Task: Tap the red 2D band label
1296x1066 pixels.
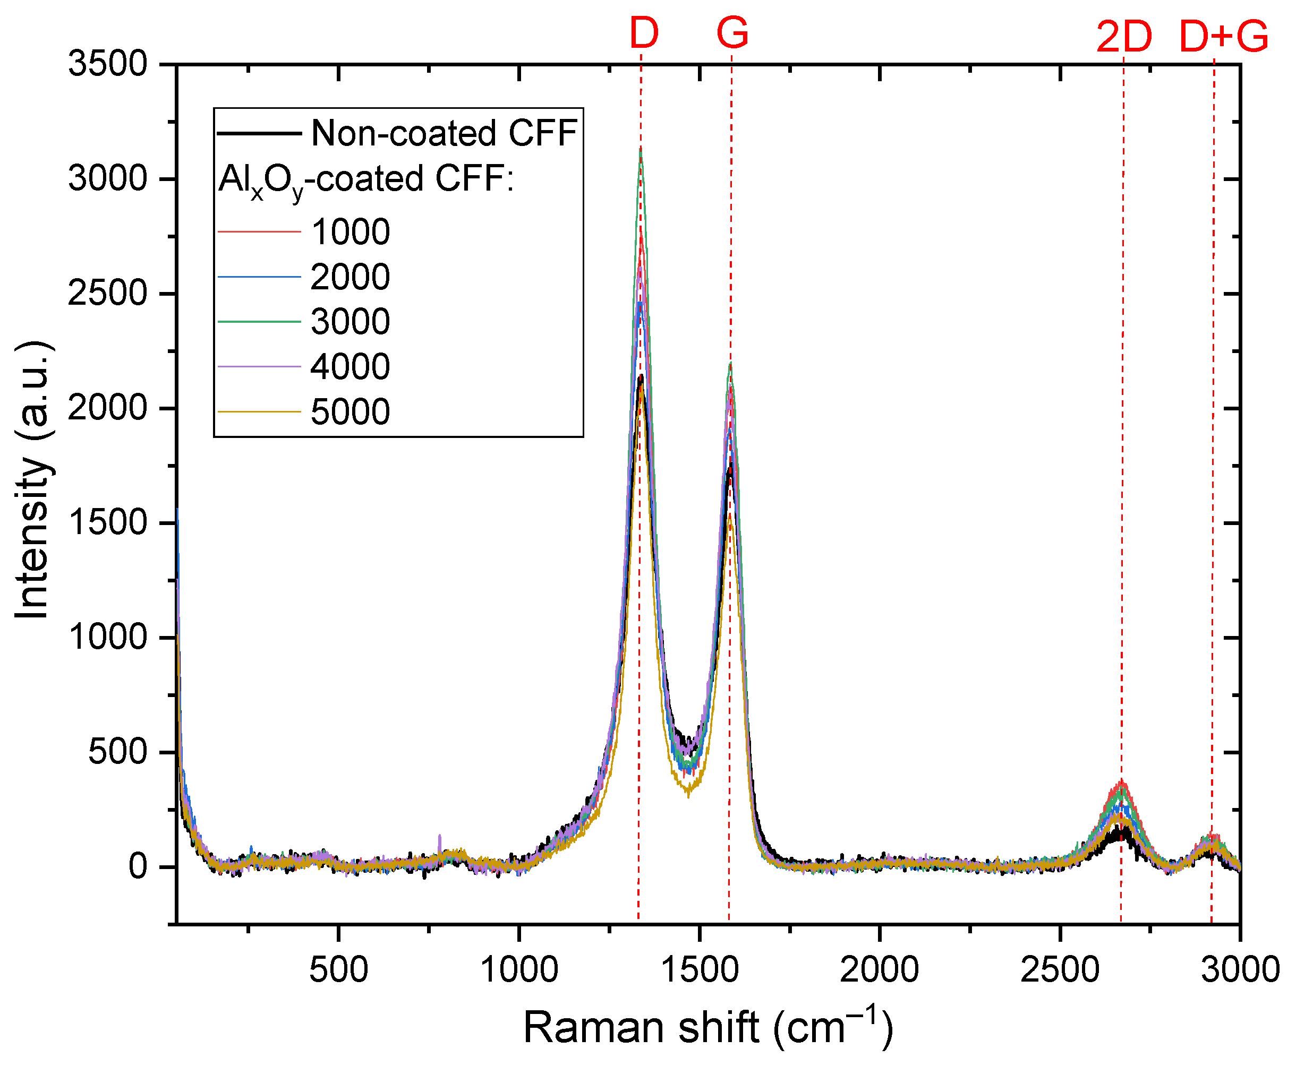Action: coord(1124,37)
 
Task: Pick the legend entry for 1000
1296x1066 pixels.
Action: coord(349,232)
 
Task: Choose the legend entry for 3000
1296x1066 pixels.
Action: coord(349,322)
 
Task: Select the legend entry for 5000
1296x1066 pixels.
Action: coord(349,411)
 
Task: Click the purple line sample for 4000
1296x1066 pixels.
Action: coord(259,367)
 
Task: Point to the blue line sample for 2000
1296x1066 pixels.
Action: coord(259,277)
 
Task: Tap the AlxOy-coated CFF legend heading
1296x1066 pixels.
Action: coord(365,180)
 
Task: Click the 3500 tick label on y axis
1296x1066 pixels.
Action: coord(107,64)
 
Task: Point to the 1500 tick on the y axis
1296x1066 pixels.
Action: coord(107,523)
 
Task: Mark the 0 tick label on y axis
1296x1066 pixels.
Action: coord(138,866)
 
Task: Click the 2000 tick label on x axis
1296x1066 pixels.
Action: coord(879,970)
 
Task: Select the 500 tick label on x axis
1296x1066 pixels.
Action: coord(338,970)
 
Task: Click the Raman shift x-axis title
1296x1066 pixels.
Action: coord(707,1028)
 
